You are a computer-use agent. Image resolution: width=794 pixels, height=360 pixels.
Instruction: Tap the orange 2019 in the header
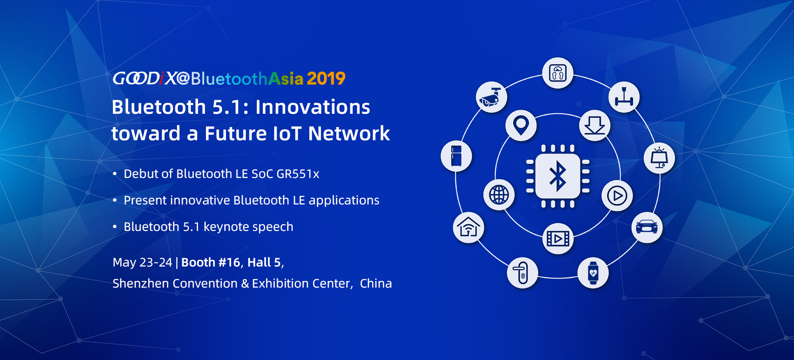click(326, 78)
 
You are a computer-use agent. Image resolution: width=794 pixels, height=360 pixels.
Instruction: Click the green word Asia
click(286, 78)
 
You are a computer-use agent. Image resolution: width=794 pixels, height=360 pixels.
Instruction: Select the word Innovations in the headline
click(313, 107)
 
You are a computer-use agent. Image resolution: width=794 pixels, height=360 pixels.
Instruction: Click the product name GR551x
click(298, 174)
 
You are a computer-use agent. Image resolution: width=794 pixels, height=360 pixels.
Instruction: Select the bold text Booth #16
click(210, 262)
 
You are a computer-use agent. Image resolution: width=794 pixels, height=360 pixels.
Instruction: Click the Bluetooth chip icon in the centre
click(557, 176)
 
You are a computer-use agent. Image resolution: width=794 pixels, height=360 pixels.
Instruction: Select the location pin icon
click(521, 125)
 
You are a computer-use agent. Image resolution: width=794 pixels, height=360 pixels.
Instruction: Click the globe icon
click(499, 194)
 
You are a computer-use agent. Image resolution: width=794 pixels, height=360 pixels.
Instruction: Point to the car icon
click(647, 227)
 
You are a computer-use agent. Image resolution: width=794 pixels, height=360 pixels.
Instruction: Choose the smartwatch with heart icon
click(593, 273)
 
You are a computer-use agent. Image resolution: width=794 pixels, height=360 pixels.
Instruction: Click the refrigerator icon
click(456, 156)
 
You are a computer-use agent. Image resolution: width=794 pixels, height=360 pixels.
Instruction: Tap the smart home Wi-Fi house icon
click(469, 227)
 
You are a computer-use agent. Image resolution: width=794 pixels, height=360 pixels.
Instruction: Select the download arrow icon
click(595, 125)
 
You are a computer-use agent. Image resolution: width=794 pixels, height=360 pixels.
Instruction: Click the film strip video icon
click(558, 238)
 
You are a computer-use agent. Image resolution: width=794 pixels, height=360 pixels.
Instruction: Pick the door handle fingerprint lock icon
click(522, 273)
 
